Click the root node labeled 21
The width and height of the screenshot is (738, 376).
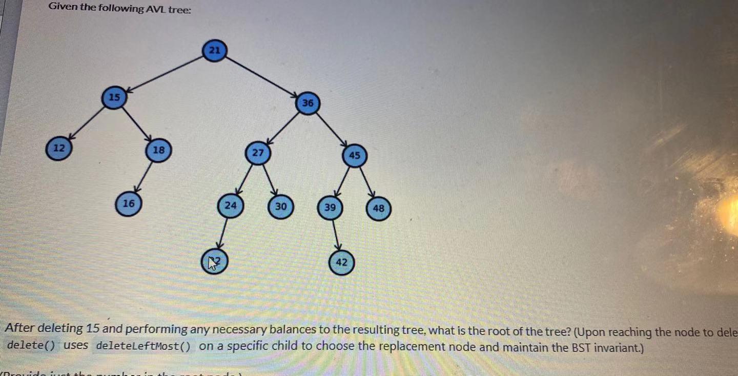pyautogui.click(x=215, y=50)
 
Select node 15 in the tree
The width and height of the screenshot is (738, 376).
pyautogui.click(x=114, y=97)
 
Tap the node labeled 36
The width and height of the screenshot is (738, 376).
pyautogui.click(x=307, y=103)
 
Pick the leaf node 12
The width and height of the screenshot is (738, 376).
pyautogui.click(x=59, y=148)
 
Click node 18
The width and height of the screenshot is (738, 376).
pyautogui.click(x=158, y=150)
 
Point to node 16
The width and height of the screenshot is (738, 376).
pyautogui.click(x=128, y=203)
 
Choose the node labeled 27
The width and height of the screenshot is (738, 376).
pyautogui.click(x=258, y=153)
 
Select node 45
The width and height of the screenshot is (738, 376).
pyautogui.click(x=355, y=155)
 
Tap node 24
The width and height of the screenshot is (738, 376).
pyautogui.click(x=231, y=205)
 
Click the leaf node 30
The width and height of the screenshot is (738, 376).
pyautogui.click(x=280, y=206)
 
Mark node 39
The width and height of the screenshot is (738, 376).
pyautogui.click(x=330, y=207)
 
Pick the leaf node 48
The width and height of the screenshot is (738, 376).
pyautogui.click(x=379, y=208)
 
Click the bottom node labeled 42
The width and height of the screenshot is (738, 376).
pyautogui.click(x=341, y=262)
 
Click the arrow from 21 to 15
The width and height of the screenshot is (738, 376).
pyautogui.click(x=164, y=74)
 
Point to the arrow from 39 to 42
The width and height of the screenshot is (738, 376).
pyautogui.click(x=336, y=235)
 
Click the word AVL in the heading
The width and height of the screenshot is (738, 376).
pyautogui.click(x=156, y=9)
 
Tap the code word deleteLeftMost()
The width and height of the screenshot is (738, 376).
pyautogui.click(x=143, y=345)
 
